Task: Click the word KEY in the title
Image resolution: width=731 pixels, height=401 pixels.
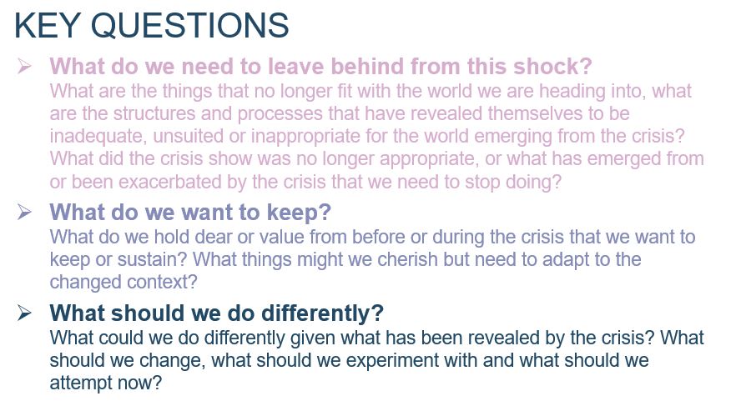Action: pyautogui.click(x=47, y=25)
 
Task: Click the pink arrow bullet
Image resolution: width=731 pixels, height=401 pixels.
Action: pyautogui.click(x=24, y=66)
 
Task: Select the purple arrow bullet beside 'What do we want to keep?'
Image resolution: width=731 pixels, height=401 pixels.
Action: pyautogui.click(x=24, y=212)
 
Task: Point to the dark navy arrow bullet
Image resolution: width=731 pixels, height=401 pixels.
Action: pyautogui.click(x=24, y=313)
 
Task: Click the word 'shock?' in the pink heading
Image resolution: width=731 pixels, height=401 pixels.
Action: pyautogui.click(x=552, y=66)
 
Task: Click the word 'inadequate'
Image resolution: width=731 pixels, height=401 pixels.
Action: pyautogui.click(x=98, y=137)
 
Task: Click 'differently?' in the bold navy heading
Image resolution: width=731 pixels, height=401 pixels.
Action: pyautogui.click(x=322, y=313)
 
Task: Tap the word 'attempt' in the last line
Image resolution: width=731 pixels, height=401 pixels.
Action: pyautogui.click(x=81, y=383)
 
